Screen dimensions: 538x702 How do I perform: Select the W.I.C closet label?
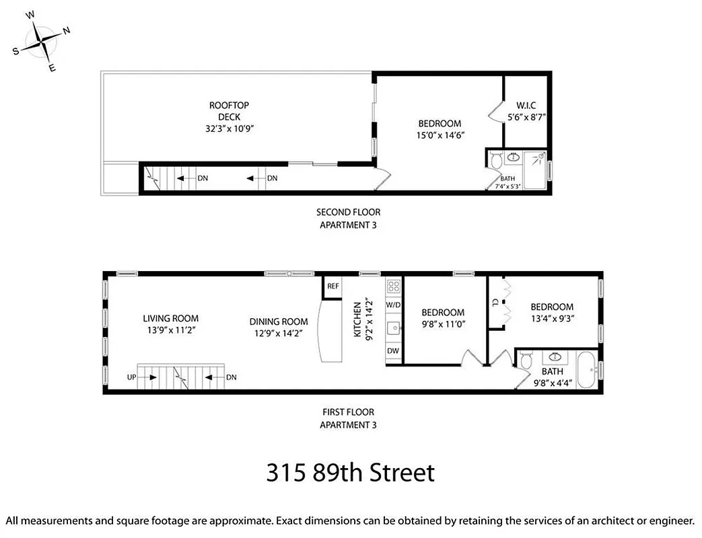tap(526, 106)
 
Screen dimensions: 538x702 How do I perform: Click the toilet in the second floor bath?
tap(496, 161)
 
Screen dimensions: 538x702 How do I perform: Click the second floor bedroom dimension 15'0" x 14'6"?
tap(440, 135)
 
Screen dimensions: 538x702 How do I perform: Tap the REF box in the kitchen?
tap(332, 286)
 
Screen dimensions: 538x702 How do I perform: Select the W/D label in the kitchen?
tap(393, 305)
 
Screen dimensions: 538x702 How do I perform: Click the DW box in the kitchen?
tap(393, 351)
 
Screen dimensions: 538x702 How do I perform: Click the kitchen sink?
tap(394, 328)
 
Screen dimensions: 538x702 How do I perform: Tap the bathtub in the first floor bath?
tap(586, 371)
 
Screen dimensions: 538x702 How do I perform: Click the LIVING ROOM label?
tap(170, 319)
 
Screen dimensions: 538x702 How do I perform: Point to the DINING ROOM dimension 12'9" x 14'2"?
tap(279, 333)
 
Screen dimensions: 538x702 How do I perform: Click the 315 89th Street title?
tap(350, 472)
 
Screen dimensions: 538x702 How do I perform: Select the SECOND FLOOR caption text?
tap(348, 213)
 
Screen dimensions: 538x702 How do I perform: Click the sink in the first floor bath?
tap(556, 356)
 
